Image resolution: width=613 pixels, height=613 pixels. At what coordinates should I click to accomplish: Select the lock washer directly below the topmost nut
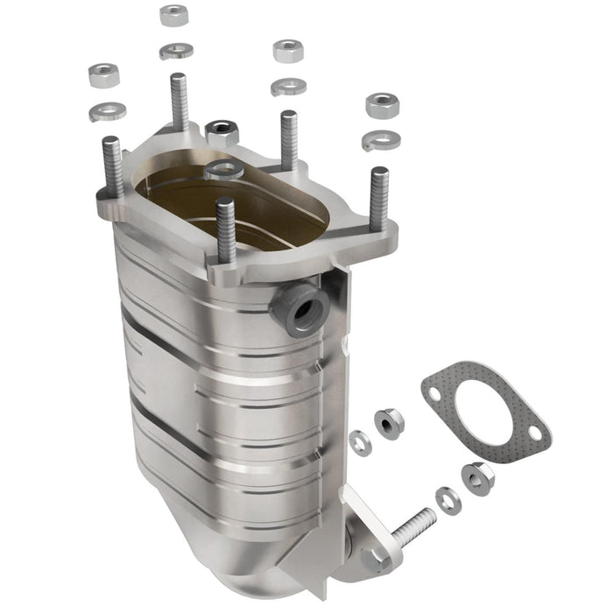click(175, 50)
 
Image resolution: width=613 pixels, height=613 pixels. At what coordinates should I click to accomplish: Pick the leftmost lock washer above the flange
click(107, 111)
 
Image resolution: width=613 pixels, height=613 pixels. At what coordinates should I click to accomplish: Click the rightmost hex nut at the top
click(382, 105)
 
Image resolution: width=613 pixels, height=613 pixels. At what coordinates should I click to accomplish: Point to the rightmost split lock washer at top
click(382, 139)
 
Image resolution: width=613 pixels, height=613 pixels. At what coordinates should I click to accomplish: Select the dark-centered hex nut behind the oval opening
click(222, 133)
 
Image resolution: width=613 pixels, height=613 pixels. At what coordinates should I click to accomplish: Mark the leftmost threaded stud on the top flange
click(113, 166)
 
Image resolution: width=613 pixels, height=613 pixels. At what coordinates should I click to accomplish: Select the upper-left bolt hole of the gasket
click(438, 391)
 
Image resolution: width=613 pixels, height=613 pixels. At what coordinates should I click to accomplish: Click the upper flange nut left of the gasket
click(389, 424)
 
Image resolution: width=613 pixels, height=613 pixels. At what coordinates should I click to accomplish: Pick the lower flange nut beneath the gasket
click(478, 478)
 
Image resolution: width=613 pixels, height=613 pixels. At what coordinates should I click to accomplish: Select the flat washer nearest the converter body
click(359, 442)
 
